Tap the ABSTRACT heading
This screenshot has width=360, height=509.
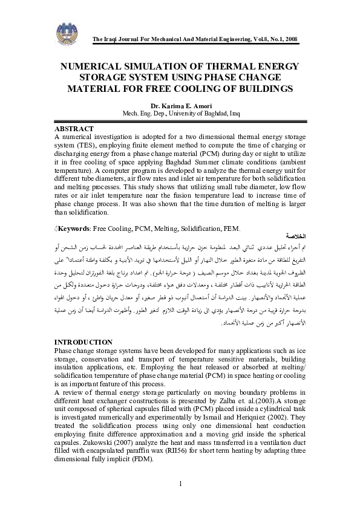[x=74, y=129]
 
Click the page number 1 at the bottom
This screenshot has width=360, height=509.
[x=180, y=483]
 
